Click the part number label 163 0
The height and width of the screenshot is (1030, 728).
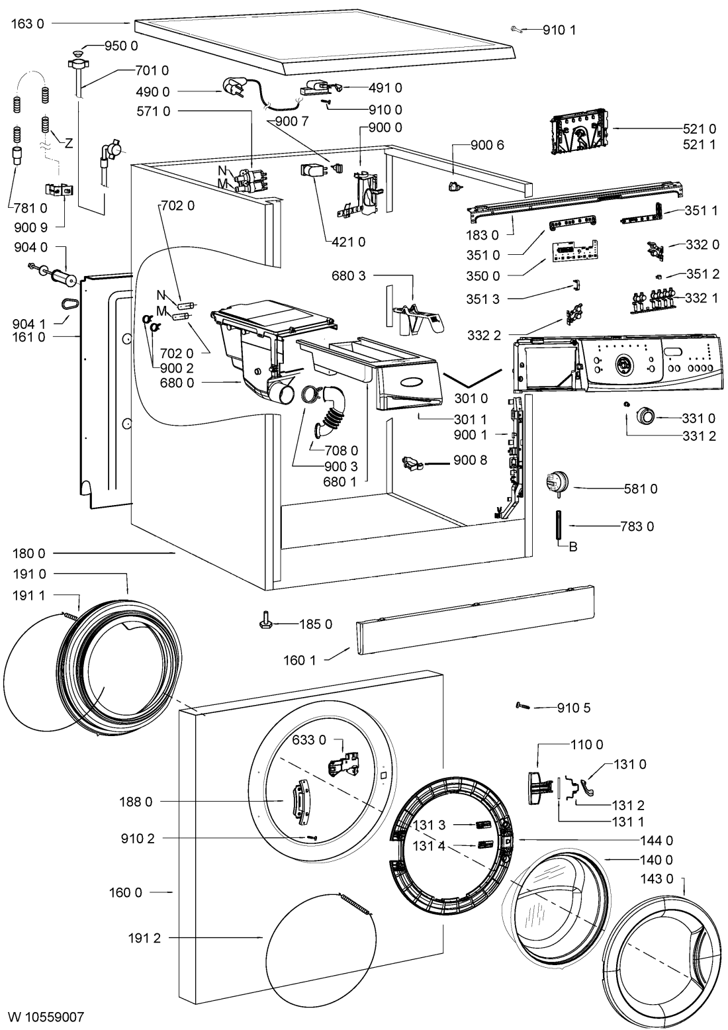28,23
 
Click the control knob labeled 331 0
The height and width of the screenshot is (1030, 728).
644,416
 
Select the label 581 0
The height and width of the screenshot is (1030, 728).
641,489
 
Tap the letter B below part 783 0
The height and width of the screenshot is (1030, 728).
573,546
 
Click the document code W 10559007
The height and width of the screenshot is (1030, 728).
46,1015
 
